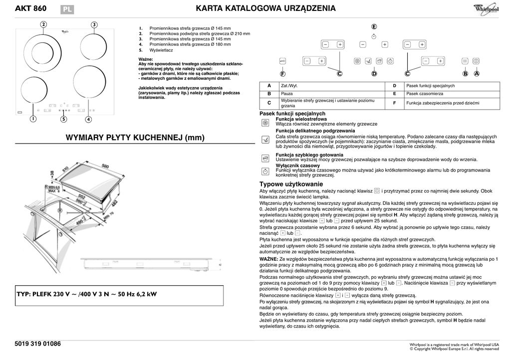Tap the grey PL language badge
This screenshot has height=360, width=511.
point(67,9)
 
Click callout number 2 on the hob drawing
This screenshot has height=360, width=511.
point(44,24)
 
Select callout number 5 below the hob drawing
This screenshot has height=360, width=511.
point(64,119)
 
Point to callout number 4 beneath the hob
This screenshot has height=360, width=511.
point(88,119)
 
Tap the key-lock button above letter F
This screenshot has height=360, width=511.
point(282,61)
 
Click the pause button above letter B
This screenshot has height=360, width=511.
point(465,61)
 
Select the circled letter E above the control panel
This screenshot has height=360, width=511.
point(374,26)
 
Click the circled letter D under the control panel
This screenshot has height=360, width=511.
point(374,74)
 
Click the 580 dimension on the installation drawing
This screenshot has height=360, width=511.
point(105,166)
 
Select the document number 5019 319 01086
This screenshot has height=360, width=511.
point(38,344)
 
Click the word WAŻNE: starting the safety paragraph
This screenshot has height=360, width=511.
point(268,260)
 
